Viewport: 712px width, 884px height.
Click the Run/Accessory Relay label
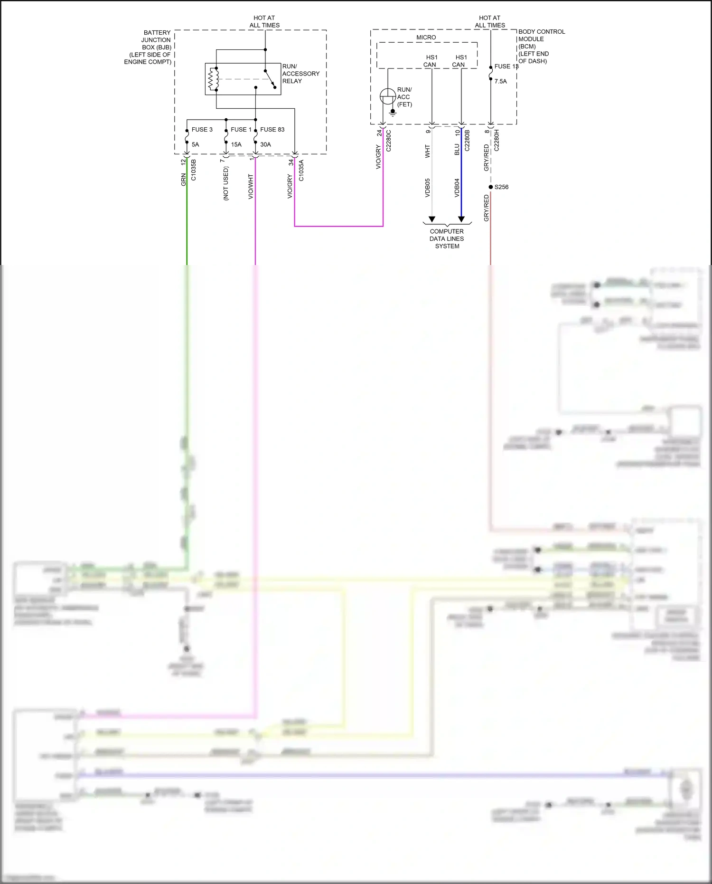tap(300, 74)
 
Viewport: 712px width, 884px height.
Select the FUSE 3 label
tap(202, 130)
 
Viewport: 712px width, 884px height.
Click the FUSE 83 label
tap(272, 130)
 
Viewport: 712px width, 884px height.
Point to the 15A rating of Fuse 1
tap(236, 144)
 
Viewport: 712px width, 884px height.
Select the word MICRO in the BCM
tap(426, 38)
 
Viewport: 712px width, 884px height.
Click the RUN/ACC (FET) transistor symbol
tap(387, 96)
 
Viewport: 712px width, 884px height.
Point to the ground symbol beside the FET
tap(393, 113)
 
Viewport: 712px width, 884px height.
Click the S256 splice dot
tap(491, 187)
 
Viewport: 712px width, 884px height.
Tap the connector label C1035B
tap(193, 170)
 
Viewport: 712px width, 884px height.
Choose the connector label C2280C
tap(388, 141)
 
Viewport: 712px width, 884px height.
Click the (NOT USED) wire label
tap(226, 183)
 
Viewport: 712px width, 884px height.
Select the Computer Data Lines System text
tap(447, 239)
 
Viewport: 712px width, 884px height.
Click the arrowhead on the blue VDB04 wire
tap(461, 219)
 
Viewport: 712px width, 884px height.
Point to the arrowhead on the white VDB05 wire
tap(431, 219)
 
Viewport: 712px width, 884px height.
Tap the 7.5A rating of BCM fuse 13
tap(500, 81)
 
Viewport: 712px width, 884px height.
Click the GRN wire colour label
tap(183, 180)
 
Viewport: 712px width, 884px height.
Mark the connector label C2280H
tap(497, 141)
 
